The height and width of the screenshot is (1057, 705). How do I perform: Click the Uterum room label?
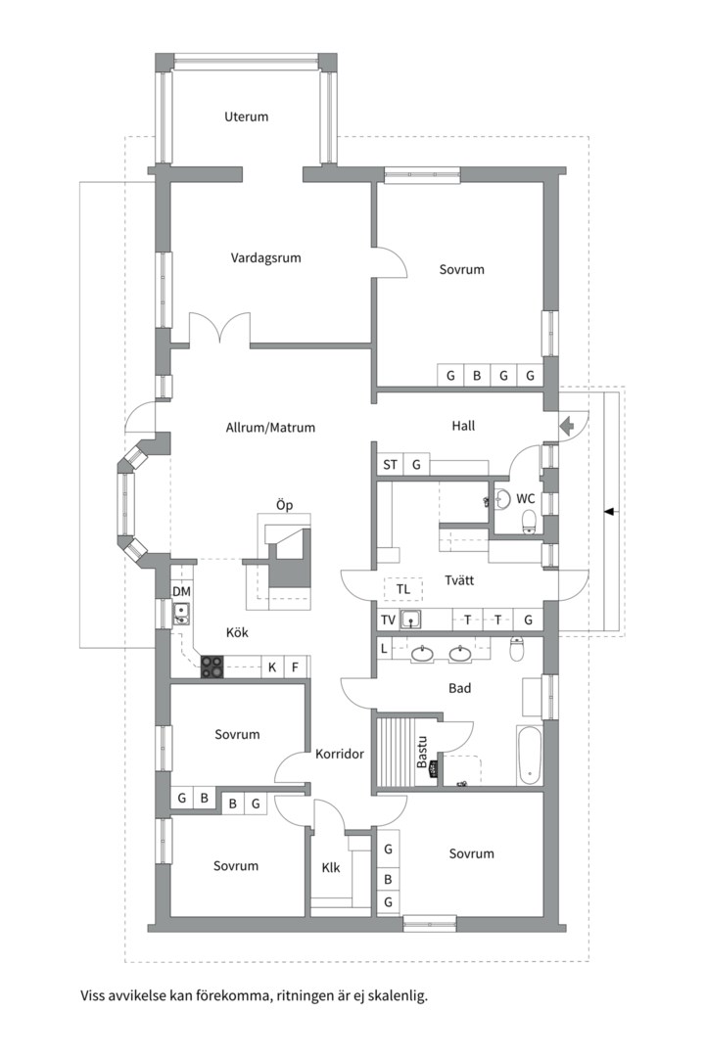pos(246,116)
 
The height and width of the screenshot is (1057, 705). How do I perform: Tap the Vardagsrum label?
pos(265,258)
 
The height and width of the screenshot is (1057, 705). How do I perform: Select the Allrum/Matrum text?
pos(270,428)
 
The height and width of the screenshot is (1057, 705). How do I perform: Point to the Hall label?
pos(463,426)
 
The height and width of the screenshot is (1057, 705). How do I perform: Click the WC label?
pos(526,498)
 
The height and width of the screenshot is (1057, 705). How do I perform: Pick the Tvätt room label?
pos(458,580)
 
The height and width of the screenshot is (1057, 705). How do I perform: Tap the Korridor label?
pos(340,755)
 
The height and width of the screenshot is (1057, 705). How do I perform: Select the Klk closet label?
pos(331,867)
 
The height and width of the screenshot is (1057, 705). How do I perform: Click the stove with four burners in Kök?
pos(212,667)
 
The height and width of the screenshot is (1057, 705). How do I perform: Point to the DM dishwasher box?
pos(181,592)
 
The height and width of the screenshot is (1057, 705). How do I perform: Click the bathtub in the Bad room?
pos(530,756)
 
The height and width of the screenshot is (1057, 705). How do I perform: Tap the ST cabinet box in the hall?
pos(390,464)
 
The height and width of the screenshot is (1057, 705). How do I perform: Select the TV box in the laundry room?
pos(388,620)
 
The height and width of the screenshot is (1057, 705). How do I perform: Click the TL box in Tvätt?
pos(402,589)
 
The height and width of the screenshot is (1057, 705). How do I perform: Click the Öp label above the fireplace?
pos(284,505)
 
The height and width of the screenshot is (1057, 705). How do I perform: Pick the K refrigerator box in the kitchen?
pos(271,668)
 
